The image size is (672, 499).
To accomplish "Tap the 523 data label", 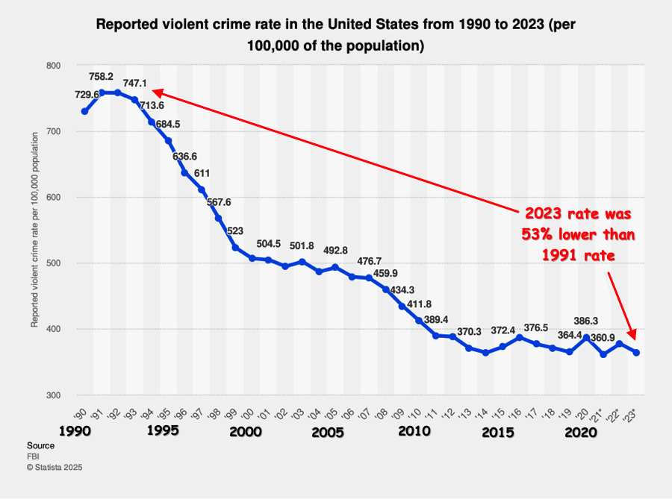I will pyautogui.click(x=235, y=230).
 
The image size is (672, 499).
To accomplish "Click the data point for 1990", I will pyautogui.click(x=84, y=112).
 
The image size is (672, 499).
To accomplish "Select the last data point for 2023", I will pyautogui.click(x=636, y=353).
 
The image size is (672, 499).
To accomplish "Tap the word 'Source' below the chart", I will pyautogui.click(x=41, y=445).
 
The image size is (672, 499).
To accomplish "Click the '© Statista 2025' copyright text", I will pyautogui.click(x=54, y=468).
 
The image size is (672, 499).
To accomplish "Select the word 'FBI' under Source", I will pyautogui.click(x=34, y=456).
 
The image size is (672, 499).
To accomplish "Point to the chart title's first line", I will pyautogui.click(x=336, y=24).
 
